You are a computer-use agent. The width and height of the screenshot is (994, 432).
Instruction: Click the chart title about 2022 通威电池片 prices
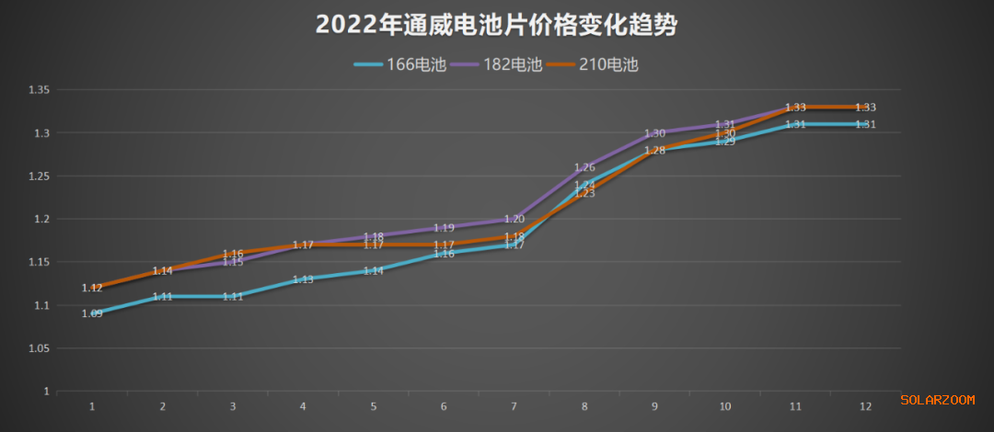[496, 25]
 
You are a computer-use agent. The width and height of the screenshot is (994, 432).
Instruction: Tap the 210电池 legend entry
[592, 64]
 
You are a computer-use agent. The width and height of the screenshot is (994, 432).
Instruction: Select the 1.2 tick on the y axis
[42, 219]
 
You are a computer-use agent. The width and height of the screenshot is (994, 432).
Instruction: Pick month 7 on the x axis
[514, 405]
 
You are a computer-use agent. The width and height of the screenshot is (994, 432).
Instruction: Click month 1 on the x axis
[92, 405]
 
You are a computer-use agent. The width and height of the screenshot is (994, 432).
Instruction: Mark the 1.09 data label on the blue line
[92, 313]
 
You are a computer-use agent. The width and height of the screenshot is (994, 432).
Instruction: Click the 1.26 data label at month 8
[584, 168]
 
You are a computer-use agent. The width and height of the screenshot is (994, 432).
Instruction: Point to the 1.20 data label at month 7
[514, 219]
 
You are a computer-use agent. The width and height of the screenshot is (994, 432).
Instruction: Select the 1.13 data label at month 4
[303, 279]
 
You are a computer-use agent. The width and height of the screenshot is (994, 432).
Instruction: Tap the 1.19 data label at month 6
[444, 228]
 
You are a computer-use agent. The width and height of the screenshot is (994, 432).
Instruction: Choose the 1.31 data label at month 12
[865, 125]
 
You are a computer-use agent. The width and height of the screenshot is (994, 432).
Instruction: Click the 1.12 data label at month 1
[92, 288]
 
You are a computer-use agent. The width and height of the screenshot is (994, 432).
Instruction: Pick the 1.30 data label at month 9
[654, 133]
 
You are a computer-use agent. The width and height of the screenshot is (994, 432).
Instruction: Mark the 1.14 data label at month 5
[373, 271]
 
